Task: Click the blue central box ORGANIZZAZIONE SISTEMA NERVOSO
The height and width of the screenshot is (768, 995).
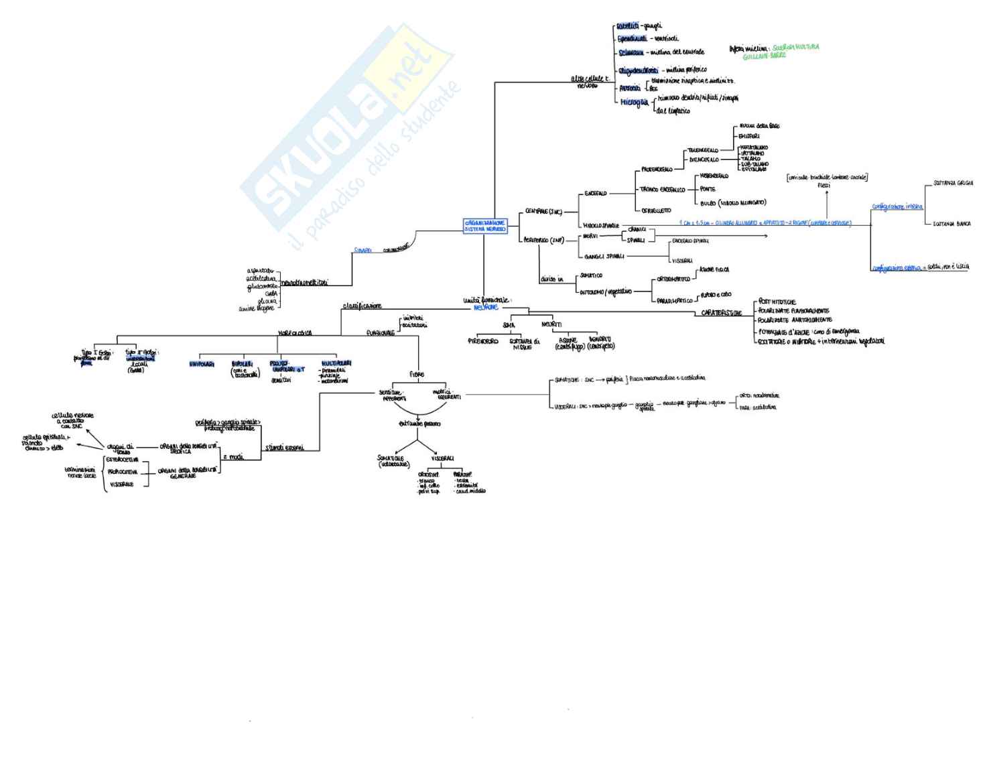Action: [x=485, y=226]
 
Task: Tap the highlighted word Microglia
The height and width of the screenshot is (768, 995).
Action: [x=634, y=103]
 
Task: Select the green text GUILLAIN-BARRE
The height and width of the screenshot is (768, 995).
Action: [x=764, y=56]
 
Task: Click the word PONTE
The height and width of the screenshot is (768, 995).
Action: [x=708, y=189]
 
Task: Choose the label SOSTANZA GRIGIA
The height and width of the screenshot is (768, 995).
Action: [x=953, y=183]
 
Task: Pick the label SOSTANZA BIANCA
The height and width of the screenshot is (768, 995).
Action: [x=951, y=224]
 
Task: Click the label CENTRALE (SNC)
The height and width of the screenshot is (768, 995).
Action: [x=543, y=212]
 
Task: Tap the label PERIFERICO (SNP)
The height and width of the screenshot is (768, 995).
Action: [x=544, y=240]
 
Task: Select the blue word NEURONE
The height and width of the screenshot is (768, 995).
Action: [x=486, y=308]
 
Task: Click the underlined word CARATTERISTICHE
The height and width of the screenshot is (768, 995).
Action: [x=721, y=313]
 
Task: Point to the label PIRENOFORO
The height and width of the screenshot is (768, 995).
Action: [x=483, y=341]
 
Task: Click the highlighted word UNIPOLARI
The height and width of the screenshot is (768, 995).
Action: [x=202, y=365]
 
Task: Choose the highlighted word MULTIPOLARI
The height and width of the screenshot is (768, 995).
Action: [x=336, y=363]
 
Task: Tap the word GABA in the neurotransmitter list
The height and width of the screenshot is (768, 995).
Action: [x=271, y=294]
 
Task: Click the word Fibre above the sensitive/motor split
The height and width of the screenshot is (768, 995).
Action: [x=416, y=375]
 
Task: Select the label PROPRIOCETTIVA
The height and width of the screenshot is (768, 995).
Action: [x=123, y=472]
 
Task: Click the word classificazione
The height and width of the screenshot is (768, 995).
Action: [x=362, y=306]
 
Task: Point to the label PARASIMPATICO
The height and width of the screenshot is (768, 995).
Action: [x=674, y=301]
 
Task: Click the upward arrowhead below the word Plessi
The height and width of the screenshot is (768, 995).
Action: [x=826, y=192]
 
